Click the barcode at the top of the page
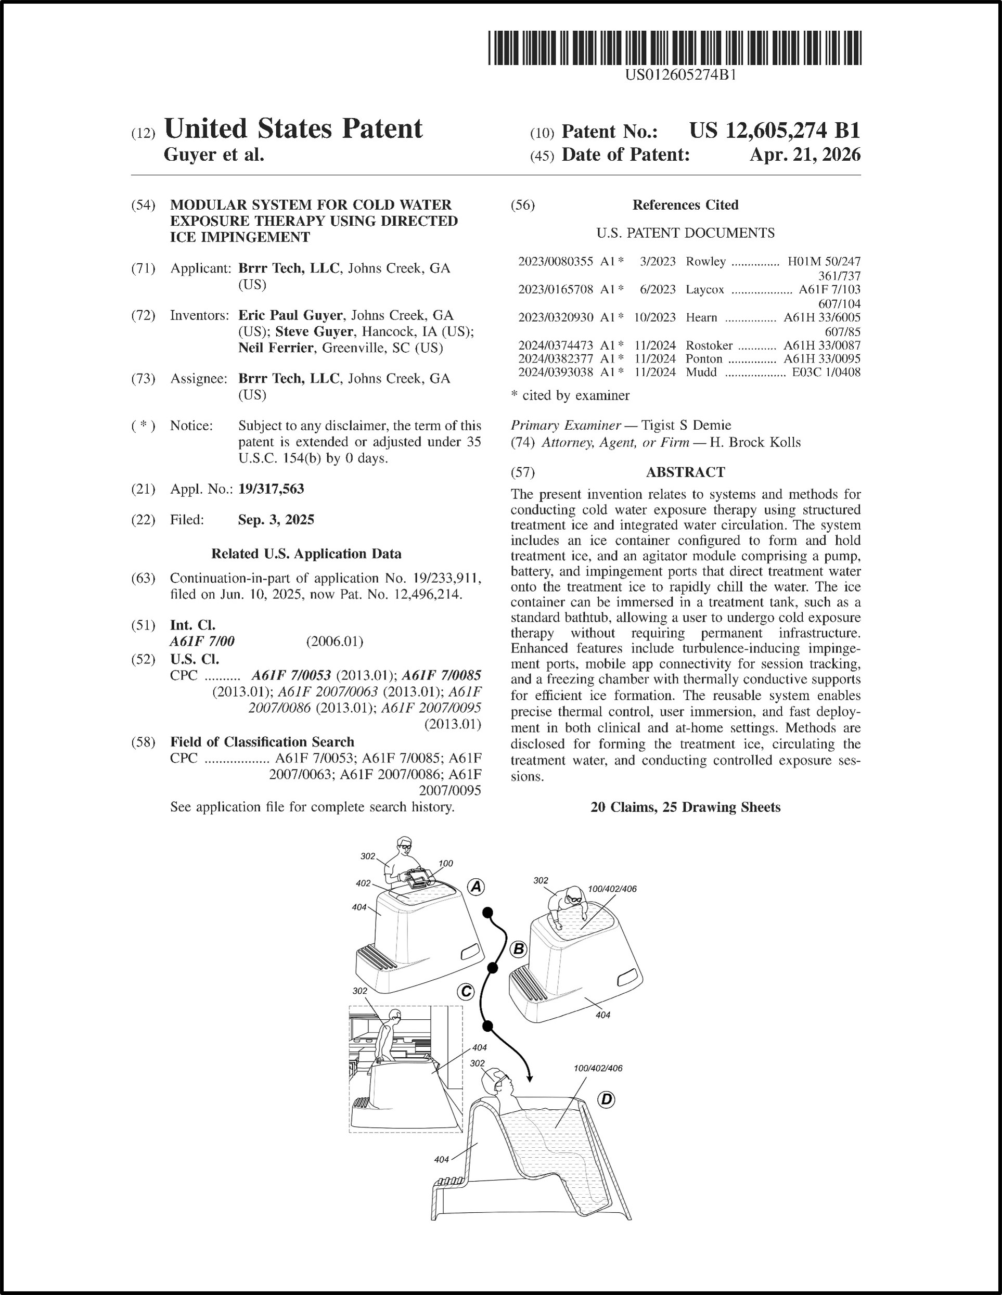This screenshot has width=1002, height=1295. pos(675,48)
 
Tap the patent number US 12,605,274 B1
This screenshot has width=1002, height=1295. pos(774,131)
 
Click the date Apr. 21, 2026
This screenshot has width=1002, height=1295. pos(804,155)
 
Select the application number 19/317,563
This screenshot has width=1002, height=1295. pos(271,489)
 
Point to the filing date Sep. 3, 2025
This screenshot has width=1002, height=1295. pos(276,520)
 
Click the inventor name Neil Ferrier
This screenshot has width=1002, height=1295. pos(275,348)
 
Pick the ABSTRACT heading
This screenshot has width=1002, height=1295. pos(685,472)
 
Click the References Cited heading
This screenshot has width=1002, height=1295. pos(685,205)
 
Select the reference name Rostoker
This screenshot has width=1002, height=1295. pos(709,345)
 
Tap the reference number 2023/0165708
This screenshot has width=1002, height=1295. pos(555,289)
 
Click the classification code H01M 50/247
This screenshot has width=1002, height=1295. pos(824,262)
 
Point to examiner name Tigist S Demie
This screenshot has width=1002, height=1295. pos(686,425)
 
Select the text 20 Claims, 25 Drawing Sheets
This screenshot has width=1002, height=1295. pos(685,807)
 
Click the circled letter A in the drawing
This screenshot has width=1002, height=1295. pos(476,887)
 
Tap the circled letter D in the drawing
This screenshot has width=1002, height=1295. pos(607,1100)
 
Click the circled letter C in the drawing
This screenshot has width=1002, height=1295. pos(466,991)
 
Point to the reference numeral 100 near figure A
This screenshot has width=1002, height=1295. pos(446,863)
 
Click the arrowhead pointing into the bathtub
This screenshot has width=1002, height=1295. pos(529,1078)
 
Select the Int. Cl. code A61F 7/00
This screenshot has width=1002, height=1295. pos(202,642)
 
